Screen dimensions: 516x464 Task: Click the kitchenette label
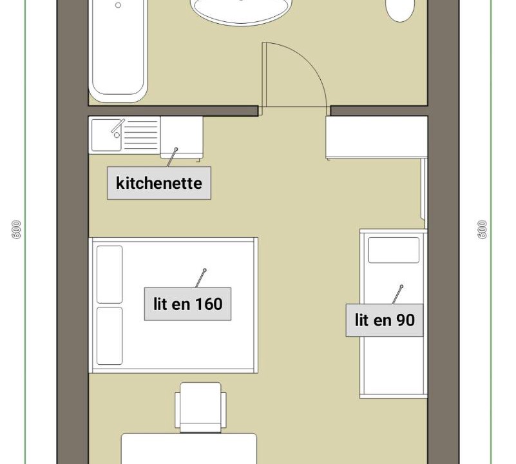(x=159, y=183)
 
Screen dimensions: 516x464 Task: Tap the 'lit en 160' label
(x=187, y=304)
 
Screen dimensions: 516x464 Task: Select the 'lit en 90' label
(x=385, y=320)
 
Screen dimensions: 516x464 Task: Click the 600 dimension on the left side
(x=16, y=229)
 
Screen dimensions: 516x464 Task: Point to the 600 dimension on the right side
(x=482, y=229)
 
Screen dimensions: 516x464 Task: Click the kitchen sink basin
(x=106, y=135)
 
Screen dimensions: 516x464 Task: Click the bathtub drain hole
(x=118, y=5)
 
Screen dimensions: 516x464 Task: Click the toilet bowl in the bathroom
(x=400, y=10)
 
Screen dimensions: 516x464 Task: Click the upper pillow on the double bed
(x=110, y=275)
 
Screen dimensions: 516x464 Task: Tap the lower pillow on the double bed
(x=110, y=336)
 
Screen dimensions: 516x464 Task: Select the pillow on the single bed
(x=394, y=250)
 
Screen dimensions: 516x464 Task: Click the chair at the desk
(x=200, y=407)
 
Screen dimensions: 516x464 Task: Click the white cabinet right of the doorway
(x=377, y=138)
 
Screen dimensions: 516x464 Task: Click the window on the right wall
(x=424, y=189)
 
